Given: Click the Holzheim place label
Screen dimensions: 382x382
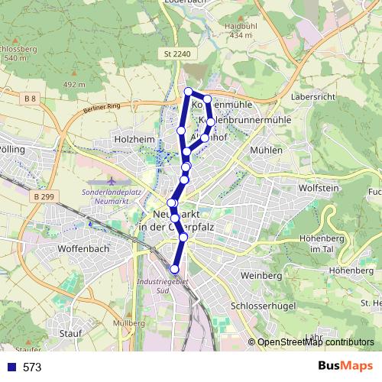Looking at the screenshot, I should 134,140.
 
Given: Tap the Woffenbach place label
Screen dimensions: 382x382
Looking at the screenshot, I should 83,249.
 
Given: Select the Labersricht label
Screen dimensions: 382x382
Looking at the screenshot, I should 314,98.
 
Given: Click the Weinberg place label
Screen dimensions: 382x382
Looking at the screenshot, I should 261,275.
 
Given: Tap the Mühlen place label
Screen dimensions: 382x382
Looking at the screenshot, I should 266,151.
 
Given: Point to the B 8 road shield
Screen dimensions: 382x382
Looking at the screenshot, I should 30,99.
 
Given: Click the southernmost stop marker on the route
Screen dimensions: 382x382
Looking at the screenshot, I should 175,268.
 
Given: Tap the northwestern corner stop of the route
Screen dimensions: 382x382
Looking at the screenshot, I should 188,92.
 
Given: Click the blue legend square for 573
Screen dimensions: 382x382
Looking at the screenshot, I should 11,367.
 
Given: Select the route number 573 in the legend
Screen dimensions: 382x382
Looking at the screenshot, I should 32,367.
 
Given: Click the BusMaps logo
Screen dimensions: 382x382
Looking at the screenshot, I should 344,367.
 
